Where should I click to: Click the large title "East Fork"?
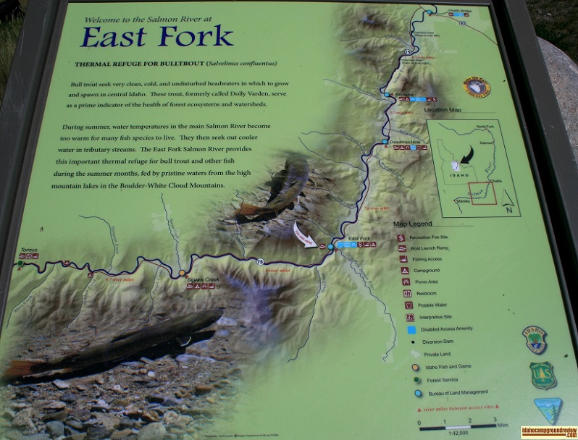pos(156,35)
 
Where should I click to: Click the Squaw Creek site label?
pos(203,279)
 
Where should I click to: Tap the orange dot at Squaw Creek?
pos(183,273)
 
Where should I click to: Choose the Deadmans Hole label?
pos(405,141)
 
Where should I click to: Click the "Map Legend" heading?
pos(412,224)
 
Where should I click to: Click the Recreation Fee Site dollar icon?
pos(401,236)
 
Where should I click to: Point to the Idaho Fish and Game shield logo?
pos(535,339)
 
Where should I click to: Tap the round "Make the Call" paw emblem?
pos(477,87)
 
